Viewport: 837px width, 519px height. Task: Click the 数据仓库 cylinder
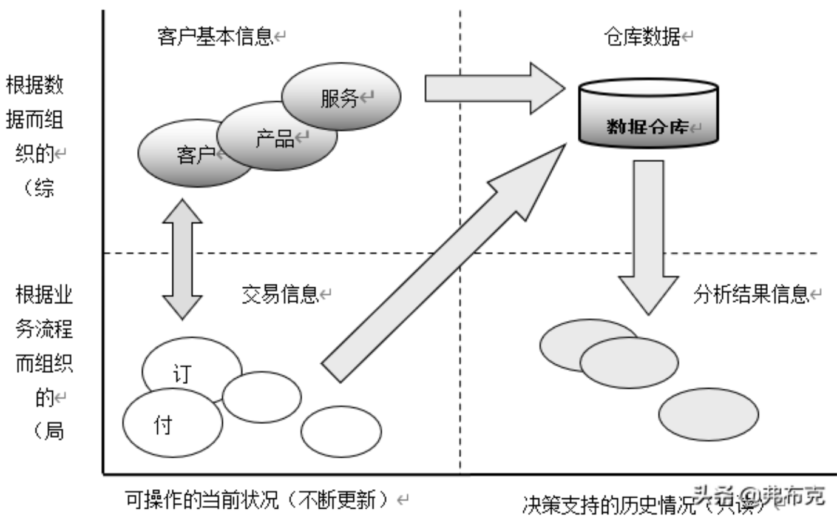point(648,115)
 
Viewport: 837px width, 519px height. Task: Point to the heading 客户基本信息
point(215,38)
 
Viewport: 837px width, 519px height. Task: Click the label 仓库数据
point(642,38)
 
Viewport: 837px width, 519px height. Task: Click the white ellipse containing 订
point(191,367)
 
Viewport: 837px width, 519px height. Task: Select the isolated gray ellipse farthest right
point(708,415)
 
